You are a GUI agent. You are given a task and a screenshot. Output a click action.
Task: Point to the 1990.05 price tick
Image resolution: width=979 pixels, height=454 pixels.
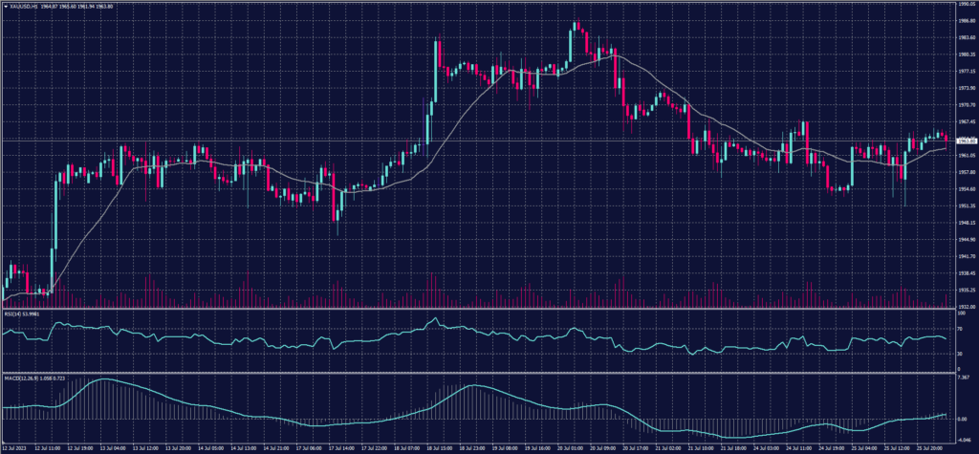(x=964, y=5)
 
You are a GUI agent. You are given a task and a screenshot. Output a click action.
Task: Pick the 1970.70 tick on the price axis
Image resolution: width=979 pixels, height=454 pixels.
(x=964, y=105)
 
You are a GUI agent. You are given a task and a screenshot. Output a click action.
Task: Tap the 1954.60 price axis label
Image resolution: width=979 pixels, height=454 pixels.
(x=964, y=188)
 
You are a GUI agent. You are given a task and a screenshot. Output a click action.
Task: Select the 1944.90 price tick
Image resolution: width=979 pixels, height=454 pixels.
(x=964, y=240)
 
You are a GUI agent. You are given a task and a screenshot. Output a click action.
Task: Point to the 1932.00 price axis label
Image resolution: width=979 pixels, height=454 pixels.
(x=964, y=307)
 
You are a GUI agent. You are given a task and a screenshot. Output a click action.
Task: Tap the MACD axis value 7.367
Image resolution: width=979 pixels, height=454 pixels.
(x=961, y=378)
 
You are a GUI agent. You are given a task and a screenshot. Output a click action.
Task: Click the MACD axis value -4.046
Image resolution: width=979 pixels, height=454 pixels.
(x=961, y=437)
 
